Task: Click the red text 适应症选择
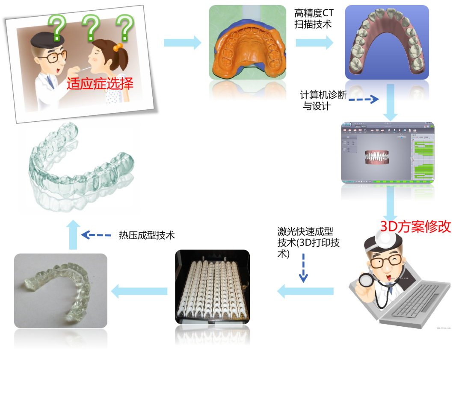click(x=100, y=83)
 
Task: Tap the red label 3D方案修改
click(x=416, y=226)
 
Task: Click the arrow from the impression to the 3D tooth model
click(x=314, y=43)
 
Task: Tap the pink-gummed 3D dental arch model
click(x=387, y=43)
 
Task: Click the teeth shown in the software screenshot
click(x=377, y=157)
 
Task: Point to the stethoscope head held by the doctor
click(x=367, y=280)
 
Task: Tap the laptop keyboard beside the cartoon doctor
click(x=417, y=301)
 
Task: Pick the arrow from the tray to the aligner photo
click(x=139, y=291)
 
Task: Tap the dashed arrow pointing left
click(x=96, y=235)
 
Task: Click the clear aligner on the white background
click(x=80, y=168)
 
